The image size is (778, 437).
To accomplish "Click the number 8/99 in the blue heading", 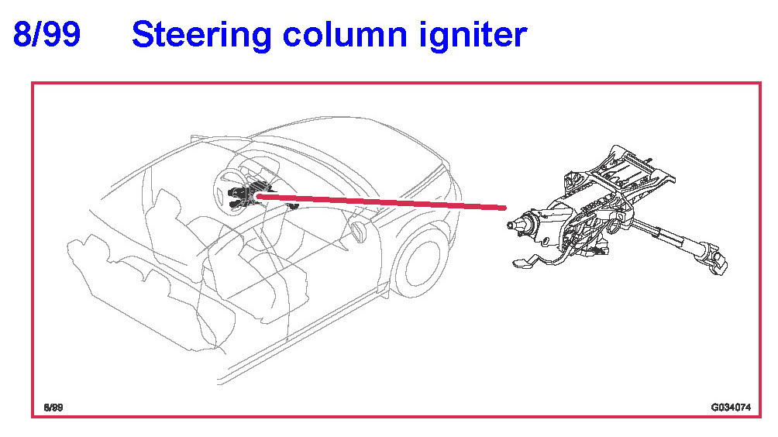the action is tap(46, 34).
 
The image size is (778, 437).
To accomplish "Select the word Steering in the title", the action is tap(201, 36).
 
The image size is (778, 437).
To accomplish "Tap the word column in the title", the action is tap(345, 34).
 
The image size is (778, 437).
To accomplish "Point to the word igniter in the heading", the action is tap(473, 36).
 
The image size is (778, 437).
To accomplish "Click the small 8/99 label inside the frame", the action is tap(53, 408).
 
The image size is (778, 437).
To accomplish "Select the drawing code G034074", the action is tap(731, 408).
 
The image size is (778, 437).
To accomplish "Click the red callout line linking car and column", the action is tap(381, 202).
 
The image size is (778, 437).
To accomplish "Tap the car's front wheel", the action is tap(421, 262).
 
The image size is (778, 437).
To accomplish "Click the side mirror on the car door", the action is tap(358, 232).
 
